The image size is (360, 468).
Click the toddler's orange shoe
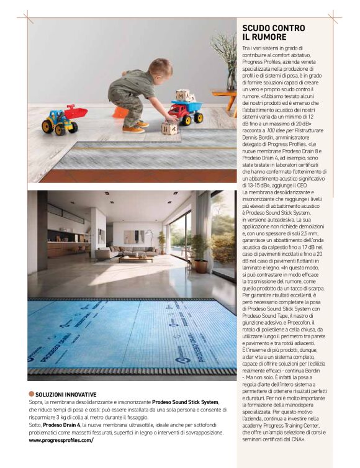(x=133, y=128)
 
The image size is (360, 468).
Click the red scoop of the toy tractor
(x=76, y=112)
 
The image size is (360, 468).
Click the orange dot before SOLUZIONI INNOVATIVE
(x=31, y=394)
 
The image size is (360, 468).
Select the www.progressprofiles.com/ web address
(x=61, y=440)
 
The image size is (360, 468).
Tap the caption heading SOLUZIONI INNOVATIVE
(x=66, y=394)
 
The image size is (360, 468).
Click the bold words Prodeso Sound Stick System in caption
(x=185, y=402)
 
